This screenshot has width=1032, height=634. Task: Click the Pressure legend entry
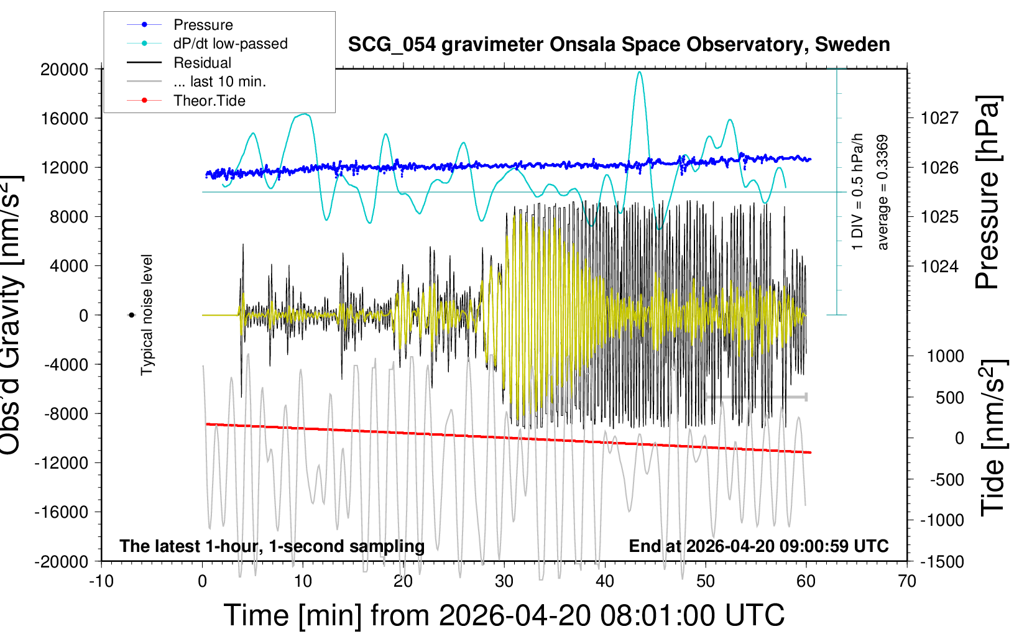click(x=180, y=24)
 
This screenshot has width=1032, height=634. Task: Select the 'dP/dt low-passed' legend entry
click(x=207, y=44)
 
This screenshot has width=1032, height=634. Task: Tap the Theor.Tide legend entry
click(x=186, y=101)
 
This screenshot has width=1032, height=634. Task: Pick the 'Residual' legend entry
click(x=179, y=63)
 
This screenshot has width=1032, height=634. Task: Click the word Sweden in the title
click(x=852, y=44)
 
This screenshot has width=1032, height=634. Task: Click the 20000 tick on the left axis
click(x=64, y=70)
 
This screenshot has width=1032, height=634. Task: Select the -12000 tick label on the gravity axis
click(x=62, y=463)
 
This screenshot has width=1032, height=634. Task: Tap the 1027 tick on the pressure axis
click(x=939, y=119)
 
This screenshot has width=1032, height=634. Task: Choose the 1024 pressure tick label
click(x=939, y=266)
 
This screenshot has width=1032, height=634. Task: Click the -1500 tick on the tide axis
click(x=942, y=562)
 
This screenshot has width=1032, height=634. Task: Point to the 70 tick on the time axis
click(x=906, y=581)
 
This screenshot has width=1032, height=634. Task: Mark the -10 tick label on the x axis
click(x=101, y=581)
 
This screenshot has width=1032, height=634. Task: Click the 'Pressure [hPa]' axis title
click(x=988, y=192)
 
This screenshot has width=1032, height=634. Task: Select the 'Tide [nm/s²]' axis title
click(x=993, y=438)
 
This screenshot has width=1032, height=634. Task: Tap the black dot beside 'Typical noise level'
click(x=132, y=315)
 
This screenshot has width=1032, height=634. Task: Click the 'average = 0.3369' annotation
click(x=882, y=192)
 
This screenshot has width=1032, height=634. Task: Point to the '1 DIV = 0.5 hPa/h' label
click(x=857, y=192)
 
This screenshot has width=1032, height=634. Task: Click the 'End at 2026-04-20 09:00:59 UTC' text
click(x=759, y=546)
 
